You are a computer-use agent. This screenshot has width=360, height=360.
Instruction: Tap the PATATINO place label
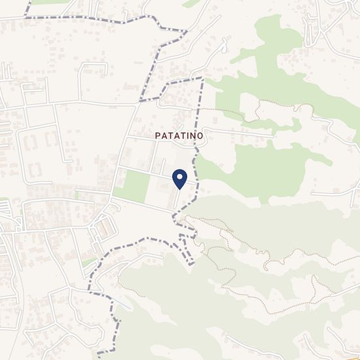(x=180, y=135)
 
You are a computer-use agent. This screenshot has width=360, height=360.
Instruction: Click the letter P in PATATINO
(x=158, y=135)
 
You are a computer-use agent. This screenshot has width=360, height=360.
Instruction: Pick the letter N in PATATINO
(x=195, y=135)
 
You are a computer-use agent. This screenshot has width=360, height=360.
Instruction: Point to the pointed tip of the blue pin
(x=179, y=190)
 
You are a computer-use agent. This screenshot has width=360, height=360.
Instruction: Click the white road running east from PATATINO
(x=242, y=132)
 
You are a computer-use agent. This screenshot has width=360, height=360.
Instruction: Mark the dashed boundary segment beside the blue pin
(x=196, y=164)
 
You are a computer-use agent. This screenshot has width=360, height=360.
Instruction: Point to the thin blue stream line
(x=122, y=303)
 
